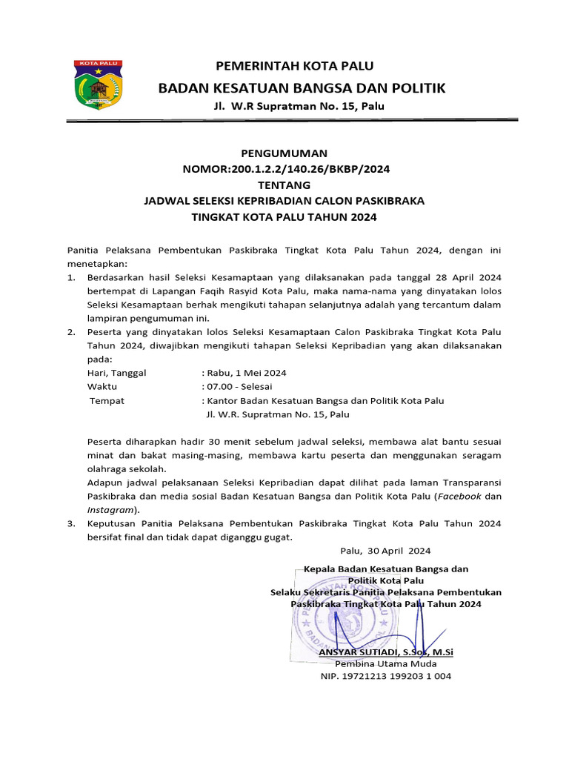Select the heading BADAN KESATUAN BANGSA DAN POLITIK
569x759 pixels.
tap(302, 89)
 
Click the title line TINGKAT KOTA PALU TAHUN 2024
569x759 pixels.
tap(284, 217)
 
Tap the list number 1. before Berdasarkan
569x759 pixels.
tap(71, 277)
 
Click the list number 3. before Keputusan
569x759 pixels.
tap(71, 523)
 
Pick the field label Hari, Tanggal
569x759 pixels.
tap(116, 373)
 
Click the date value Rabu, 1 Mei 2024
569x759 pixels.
tap(246, 373)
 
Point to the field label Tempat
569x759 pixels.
tap(107, 401)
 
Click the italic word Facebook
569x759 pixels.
tap(460, 496)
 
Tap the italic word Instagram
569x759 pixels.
tap(110, 510)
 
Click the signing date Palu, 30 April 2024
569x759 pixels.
tap(385, 551)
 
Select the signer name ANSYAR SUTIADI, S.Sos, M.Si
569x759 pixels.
tap(385, 652)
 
